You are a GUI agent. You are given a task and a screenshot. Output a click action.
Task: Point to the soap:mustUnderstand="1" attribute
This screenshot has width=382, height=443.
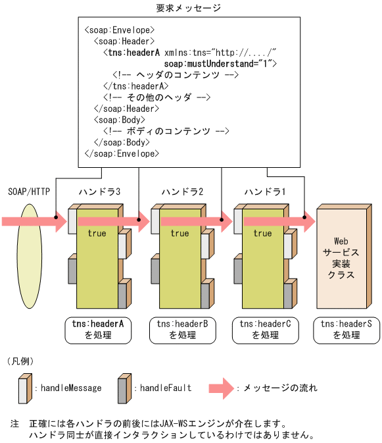coord(220,63)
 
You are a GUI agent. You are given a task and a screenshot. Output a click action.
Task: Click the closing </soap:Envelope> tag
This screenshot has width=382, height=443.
coord(122,153)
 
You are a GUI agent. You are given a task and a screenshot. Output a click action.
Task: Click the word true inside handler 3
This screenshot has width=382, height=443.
coord(97,233)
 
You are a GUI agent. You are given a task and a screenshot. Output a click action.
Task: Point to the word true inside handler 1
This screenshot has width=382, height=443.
coord(262,233)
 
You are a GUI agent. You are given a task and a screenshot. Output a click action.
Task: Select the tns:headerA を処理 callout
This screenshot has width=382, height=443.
coord(98,329)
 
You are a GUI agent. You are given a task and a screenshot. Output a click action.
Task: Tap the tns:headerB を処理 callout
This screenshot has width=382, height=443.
coord(181,329)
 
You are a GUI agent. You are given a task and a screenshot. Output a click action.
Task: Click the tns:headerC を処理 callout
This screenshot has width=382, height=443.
coord(264,329)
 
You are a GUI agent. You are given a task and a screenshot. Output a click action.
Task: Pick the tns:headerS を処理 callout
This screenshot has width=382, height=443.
coord(346,329)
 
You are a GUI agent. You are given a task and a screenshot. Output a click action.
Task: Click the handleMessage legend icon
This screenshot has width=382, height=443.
coord(24,388)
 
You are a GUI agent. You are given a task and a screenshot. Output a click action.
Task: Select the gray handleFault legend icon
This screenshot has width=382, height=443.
coord(123,388)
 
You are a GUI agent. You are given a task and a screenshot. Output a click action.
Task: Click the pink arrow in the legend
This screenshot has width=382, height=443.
coord(221,388)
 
